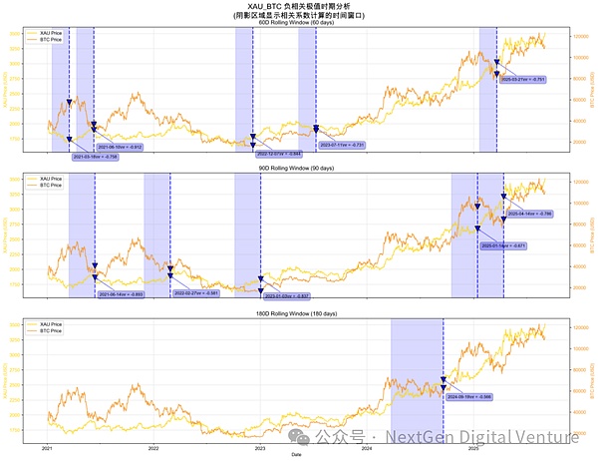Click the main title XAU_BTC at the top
point(299,6)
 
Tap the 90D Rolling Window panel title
point(299,169)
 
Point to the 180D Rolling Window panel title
point(299,315)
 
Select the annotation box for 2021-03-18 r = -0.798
point(96,157)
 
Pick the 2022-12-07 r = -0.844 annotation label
point(279,155)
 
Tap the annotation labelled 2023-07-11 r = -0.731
point(342,146)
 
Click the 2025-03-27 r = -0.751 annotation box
point(523,79)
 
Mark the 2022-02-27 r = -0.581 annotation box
point(196,294)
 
